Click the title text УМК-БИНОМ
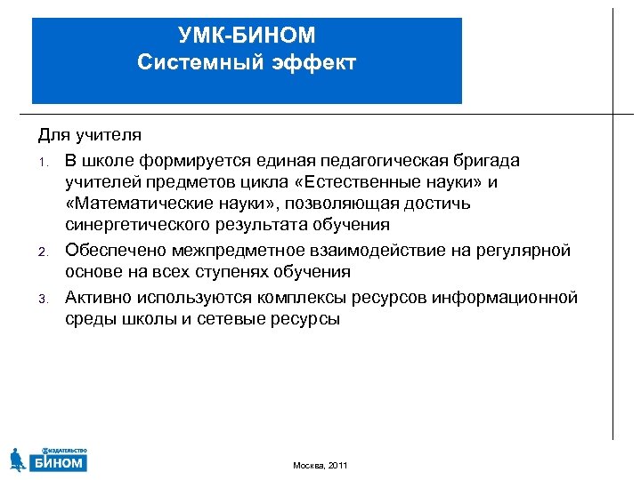[x=247, y=36]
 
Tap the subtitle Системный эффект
[x=247, y=62]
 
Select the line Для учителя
[x=89, y=135]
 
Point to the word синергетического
[x=135, y=226]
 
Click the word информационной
[x=505, y=297]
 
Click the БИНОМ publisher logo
[x=48, y=459]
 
